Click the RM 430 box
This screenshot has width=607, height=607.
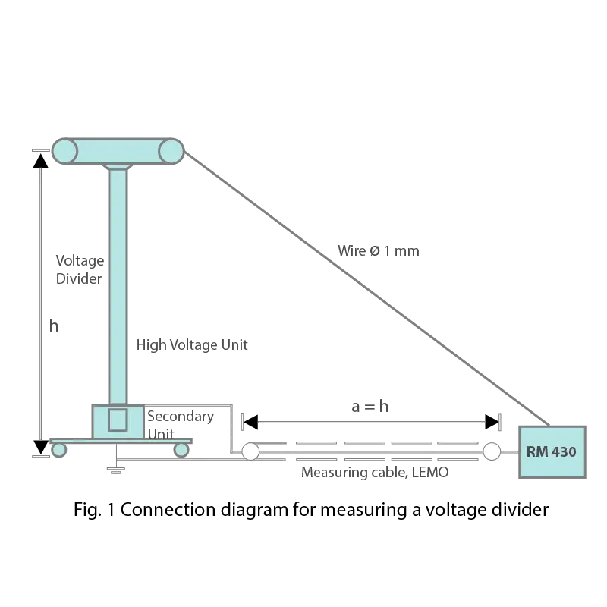pyautogui.click(x=552, y=451)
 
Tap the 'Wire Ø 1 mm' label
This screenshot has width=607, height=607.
pyautogui.click(x=378, y=251)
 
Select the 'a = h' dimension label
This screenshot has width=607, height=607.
pyautogui.click(x=370, y=407)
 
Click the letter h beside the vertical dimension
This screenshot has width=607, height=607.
pyautogui.click(x=54, y=326)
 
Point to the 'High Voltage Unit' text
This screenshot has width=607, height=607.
pyautogui.click(x=192, y=345)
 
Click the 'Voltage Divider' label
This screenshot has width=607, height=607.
pyautogui.click(x=80, y=269)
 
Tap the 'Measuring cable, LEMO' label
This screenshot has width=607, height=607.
pyautogui.click(x=375, y=472)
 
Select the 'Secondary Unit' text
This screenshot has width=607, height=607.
pyautogui.click(x=181, y=425)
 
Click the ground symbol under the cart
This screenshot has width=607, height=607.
pyautogui.click(x=115, y=470)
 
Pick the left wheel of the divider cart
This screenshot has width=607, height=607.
pyautogui.click(x=59, y=450)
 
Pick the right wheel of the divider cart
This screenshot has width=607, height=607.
pyautogui.click(x=181, y=450)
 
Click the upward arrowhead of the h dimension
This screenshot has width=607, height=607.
pyautogui.click(x=41, y=161)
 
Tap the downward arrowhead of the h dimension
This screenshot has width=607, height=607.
pyautogui.click(x=41, y=447)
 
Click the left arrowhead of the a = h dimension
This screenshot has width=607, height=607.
pyautogui.click(x=250, y=422)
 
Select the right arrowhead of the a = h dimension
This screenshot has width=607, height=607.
pyautogui.click(x=492, y=422)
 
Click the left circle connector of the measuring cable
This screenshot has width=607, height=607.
pyautogui.click(x=250, y=451)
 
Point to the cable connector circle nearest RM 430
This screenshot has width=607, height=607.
pyautogui.click(x=492, y=451)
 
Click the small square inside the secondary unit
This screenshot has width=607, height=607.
pyautogui.click(x=118, y=420)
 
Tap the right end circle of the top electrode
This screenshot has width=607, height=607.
pyautogui.click(x=171, y=151)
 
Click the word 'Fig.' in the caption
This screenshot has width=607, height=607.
pyautogui.click(x=87, y=510)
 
